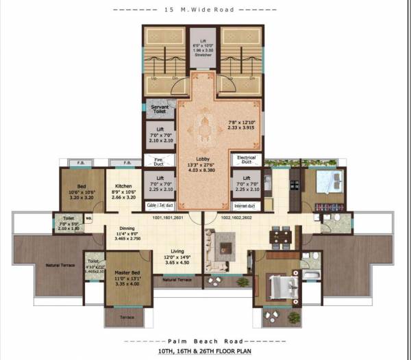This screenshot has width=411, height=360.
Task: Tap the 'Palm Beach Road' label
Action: pos(203,339)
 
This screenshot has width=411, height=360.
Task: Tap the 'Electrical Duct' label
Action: pos(245,159)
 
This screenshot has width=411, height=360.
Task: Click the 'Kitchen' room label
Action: pos(123,185)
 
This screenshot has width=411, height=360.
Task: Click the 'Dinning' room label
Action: pos(127,229)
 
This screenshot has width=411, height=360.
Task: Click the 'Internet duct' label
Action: pos(245,205)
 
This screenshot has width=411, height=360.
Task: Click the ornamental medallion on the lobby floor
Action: pos(203,126)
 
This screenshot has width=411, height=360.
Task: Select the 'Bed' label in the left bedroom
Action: pos(82,185)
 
